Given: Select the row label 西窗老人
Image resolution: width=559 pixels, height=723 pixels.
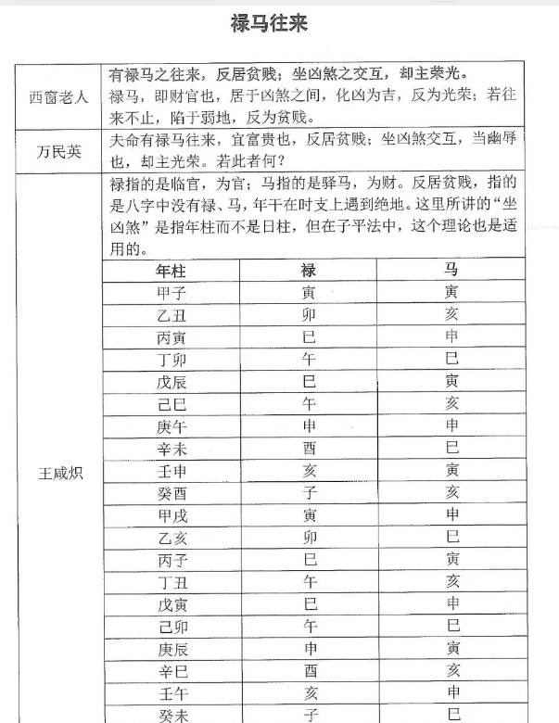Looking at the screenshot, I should [x=58, y=96].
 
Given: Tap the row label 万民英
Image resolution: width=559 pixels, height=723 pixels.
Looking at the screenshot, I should [x=58, y=151].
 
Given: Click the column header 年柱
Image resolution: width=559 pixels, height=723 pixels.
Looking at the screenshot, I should [x=172, y=271].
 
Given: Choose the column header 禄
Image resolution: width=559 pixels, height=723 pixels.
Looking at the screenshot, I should [x=310, y=271].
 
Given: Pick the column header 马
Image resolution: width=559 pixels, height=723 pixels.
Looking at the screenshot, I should [x=451, y=271].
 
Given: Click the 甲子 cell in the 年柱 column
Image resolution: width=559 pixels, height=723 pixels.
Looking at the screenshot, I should [x=172, y=292].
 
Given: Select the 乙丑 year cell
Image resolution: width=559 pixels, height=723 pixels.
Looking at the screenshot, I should [x=172, y=314].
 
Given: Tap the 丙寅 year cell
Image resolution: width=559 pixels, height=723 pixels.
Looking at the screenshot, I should [x=172, y=336].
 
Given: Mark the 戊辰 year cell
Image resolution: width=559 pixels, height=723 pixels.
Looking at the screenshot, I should [x=172, y=381].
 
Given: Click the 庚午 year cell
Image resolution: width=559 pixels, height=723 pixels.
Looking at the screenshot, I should [x=172, y=425].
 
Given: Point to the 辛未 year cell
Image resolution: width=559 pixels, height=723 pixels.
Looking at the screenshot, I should [x=172, y=448].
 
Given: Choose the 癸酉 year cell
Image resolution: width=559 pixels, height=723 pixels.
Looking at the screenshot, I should [x=172, y=492].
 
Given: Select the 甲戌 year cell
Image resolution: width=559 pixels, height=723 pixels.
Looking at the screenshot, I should [x=172, y=514].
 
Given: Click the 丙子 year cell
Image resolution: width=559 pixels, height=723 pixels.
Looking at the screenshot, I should [x=172, y=559].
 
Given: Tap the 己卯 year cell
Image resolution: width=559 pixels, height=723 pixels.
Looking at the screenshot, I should [x=172, y=627].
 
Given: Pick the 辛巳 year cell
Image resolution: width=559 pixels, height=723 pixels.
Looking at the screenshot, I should [x=172, y=671].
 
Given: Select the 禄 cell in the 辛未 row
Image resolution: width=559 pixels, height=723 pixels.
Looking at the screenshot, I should [x=310, y=448].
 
